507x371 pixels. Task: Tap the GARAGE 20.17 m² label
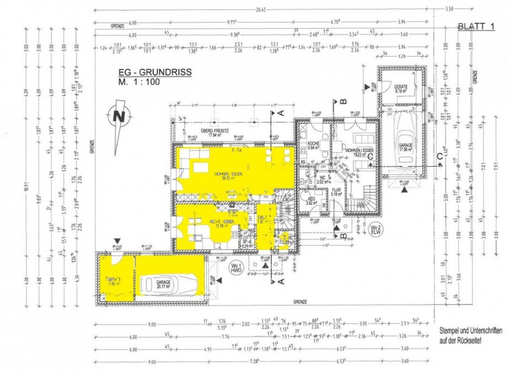[163, 284]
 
